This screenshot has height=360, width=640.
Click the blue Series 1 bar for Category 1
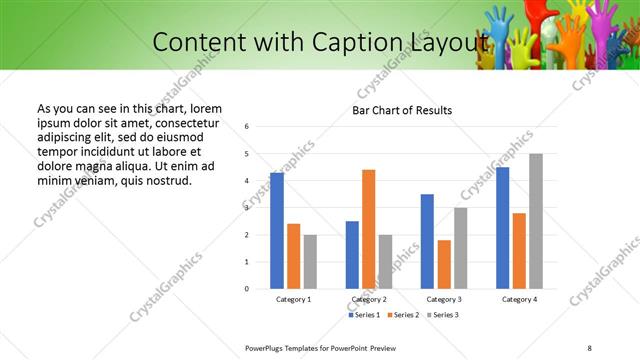(277, 231)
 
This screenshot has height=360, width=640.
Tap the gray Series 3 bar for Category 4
(536, 221)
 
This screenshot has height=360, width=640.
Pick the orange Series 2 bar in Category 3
(444, 264)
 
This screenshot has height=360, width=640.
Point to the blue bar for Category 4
(502, 228)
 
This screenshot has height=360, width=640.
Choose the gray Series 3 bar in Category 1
(310, 262)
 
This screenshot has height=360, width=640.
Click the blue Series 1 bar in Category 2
(352, 255)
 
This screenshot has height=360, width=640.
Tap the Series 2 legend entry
(403, 315)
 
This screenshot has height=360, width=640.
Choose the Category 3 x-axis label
(444, 299)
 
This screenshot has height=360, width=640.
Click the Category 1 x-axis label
(293, 299)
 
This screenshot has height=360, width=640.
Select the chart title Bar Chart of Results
(402, 110)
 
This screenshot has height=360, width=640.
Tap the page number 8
(589, 346)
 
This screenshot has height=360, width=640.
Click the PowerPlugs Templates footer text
(320, 346)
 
